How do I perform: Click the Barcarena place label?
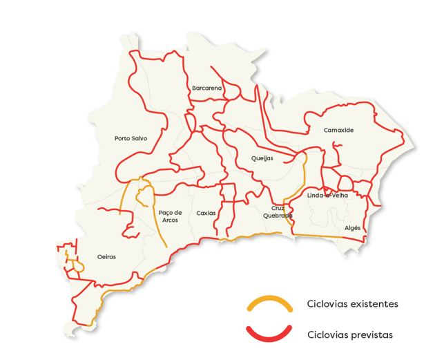tap(207, 88)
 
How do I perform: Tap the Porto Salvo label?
tap(131, 138)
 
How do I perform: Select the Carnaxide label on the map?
tap(338, 130)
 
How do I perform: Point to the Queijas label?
tap(262, 158)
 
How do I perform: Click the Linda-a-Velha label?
tap(327, 196)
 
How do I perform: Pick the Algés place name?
tap(352, 228)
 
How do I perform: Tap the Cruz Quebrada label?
tap(278, 211)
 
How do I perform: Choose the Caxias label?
tap(206, 213)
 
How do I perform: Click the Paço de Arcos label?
tap(170, 216)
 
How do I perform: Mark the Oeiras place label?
tap(107, 256)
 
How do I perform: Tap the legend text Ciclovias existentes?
tap(352, 303)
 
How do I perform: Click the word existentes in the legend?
tap(375, 303)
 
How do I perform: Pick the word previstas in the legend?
tap(372, 334)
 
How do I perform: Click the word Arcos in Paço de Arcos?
tap(170, 220)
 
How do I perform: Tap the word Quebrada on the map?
tap(278, 216)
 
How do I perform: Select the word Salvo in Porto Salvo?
tap(139, 138)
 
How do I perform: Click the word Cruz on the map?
tap(278, 207)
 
